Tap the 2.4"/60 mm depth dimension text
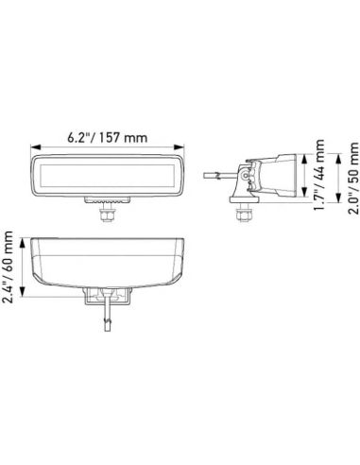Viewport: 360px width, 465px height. (10, 268)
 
